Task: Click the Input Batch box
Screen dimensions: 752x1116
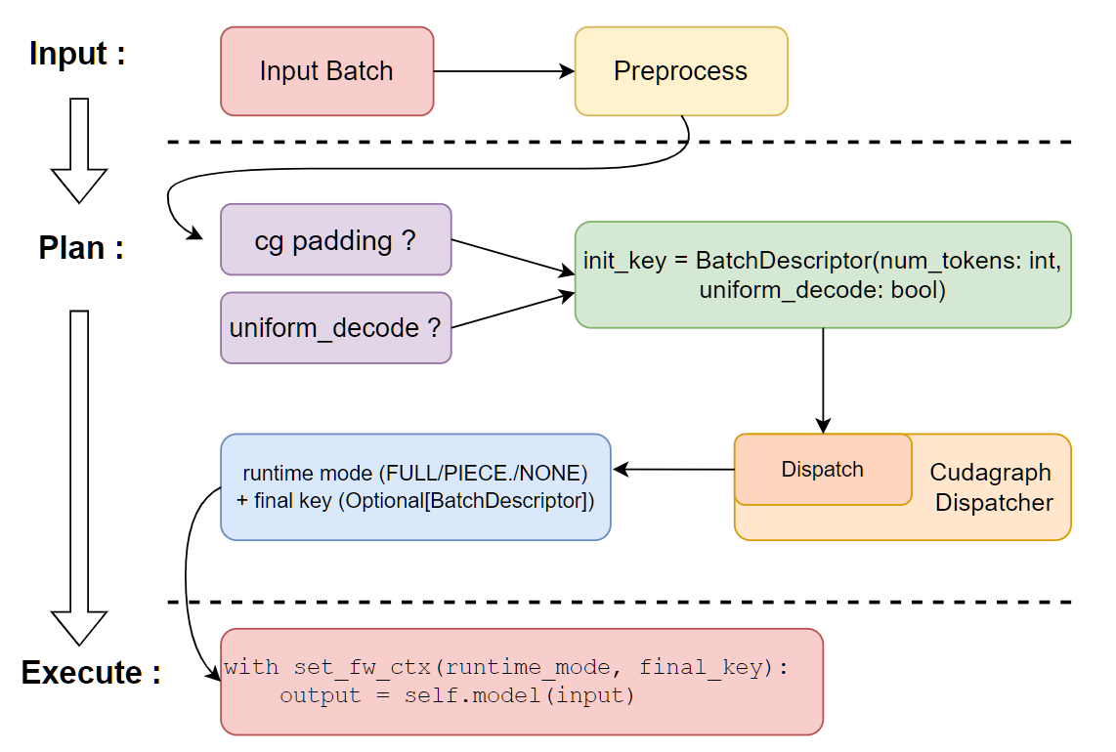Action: [x=326, y=71]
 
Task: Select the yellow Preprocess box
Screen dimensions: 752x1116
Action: [x=680, y=71]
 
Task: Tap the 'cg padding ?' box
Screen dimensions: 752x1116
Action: [x=336, y=239]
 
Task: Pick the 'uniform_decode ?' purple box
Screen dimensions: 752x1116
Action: [x=336, y=328]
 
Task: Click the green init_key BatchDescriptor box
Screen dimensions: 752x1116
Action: [x=822, y=274]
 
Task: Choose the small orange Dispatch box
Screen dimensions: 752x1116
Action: [x=822, y=470]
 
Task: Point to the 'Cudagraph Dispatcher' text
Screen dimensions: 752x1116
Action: [x=991, y=487]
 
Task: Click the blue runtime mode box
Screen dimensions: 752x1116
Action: [x=415, y=486]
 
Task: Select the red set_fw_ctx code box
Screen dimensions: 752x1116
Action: [x=521, y=682]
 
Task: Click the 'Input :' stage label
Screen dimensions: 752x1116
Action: [x=77, y=53]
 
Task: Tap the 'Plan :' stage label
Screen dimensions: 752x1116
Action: [x=81, y=248]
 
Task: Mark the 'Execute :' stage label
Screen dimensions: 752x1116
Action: [x=91, y=673]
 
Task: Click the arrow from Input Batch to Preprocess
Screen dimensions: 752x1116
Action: [x=503, y=71]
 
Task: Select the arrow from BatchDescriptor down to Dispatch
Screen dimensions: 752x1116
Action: [x=823, y=381]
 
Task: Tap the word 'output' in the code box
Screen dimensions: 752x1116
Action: [x=307, y=695]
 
